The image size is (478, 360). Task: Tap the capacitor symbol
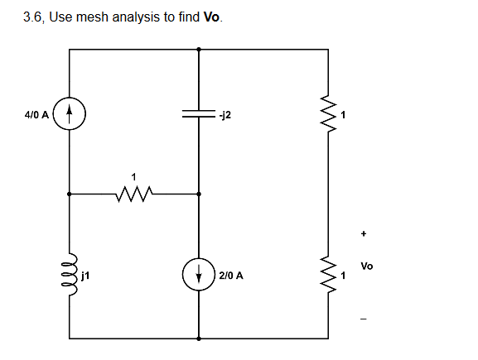[x=199, y=117]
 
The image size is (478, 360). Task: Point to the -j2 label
[x=226, y=116]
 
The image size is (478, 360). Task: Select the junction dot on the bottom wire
[x=199, y=338]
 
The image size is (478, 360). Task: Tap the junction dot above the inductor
[x=70, y=194]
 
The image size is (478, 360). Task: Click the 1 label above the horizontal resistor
[x=133, y=175]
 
